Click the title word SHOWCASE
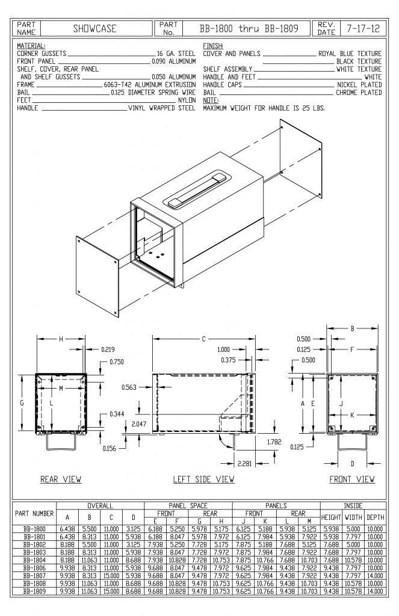coord(94,28)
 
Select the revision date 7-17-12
coord(363,28)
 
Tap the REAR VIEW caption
coord(61,479)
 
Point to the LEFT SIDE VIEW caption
coord(203,479)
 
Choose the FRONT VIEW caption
coord(352,479)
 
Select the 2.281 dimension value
coord(246,463)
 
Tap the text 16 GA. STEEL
coord(176,54)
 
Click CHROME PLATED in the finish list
coord(359,93)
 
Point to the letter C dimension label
coord(203,339)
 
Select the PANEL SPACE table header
coord(188,506)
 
